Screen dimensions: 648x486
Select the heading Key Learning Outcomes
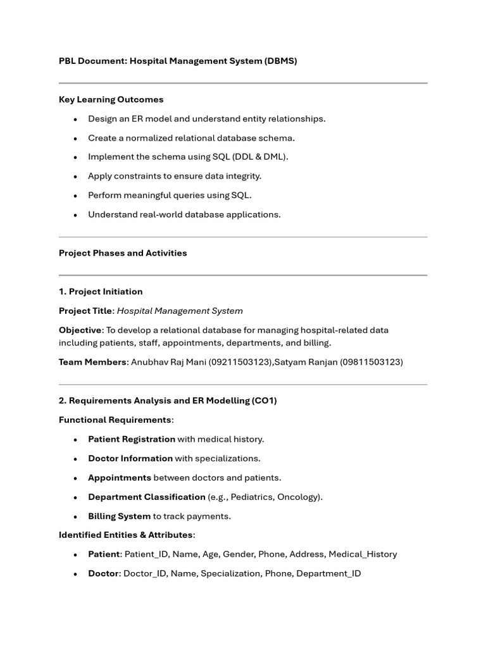111,99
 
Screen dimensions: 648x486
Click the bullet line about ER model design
206,119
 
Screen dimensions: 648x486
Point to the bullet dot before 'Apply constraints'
75,177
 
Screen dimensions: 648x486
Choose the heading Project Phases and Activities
123,253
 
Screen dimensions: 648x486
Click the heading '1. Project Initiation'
101,292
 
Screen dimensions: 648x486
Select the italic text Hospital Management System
180,311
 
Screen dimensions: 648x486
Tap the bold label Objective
80,330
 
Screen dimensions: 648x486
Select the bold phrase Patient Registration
132,439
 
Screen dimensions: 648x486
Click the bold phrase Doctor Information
130,458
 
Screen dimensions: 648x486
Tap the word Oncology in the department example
299,497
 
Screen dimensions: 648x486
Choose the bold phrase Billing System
119,516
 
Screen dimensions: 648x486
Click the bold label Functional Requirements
115,420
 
